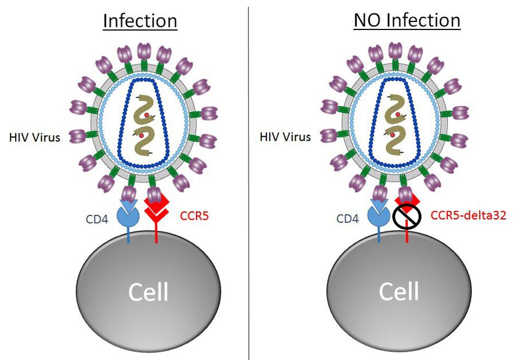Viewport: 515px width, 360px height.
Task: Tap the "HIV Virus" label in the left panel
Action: tap(34, 138)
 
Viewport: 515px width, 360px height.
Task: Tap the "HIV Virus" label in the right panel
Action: tap(285, 137)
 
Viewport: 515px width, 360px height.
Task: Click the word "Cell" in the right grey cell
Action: tap(399, 291)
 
